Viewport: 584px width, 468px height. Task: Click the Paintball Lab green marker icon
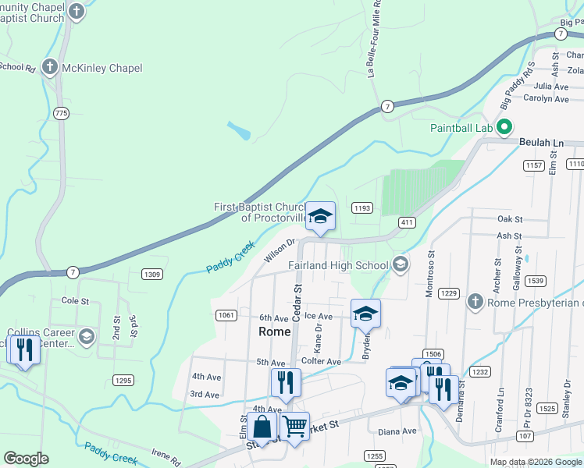pos(504,126)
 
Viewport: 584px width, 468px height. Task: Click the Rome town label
pos(274,331)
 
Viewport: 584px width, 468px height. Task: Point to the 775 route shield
pos(62,114)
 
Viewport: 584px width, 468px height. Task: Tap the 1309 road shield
pos(152,274)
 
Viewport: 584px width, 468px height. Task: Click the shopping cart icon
pos(294,426)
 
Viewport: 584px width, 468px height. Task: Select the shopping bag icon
pos(262,427)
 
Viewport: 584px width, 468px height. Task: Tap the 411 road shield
pos(407,222)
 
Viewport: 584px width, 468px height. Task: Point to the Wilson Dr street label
pos(280,250)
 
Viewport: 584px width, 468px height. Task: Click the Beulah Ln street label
pos(540,144)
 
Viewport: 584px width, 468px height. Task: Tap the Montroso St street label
pos(430,271)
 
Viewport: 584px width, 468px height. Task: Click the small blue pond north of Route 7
pos(240,130)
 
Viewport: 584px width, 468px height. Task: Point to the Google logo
pos(26,459)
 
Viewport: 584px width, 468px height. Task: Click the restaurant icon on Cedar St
pos(286,382)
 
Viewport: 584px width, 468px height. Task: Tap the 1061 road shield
pos(226,314)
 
